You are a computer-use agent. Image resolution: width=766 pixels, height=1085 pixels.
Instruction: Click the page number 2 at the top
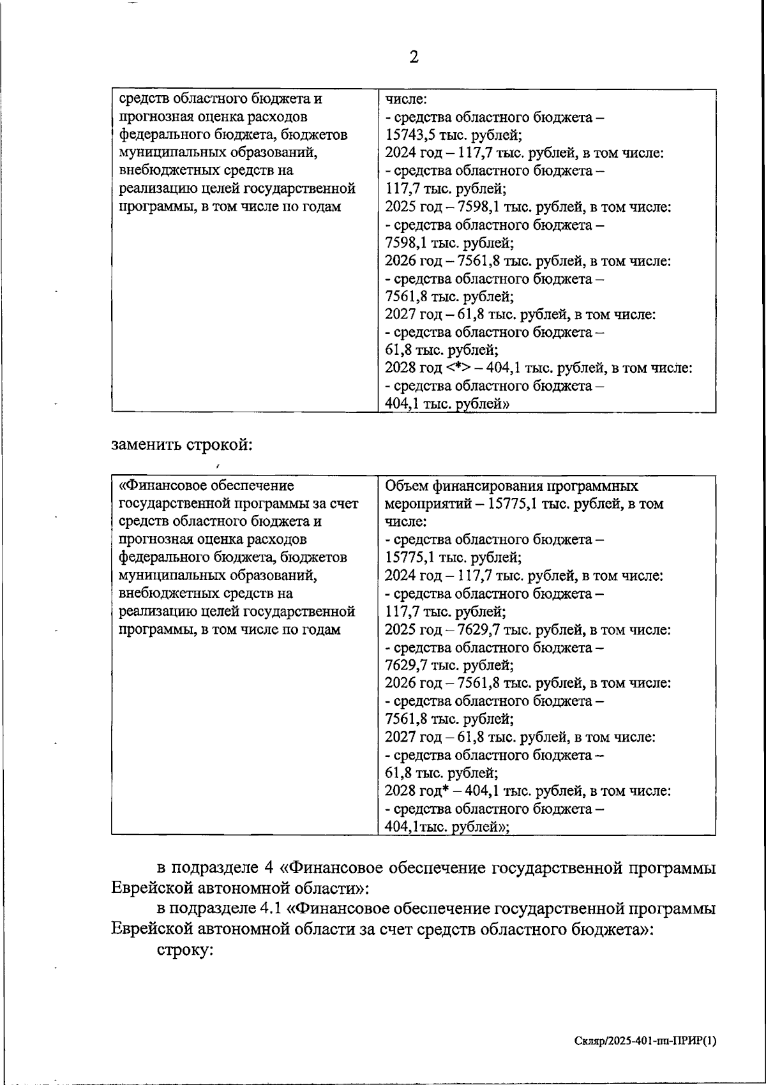click(x=414, y=57)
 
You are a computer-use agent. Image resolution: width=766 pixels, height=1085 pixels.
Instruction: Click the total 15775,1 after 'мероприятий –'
click(x=513, y=504)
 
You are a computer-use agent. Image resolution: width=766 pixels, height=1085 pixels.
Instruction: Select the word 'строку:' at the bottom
click(x=184, y=950)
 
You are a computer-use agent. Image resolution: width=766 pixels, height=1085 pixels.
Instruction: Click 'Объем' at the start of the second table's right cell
click(x=406, y=486)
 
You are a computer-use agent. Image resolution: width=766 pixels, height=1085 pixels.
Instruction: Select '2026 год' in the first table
click(x=410, y=261)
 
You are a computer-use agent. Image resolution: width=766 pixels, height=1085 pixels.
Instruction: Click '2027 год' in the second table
click(x=410, y=738)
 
